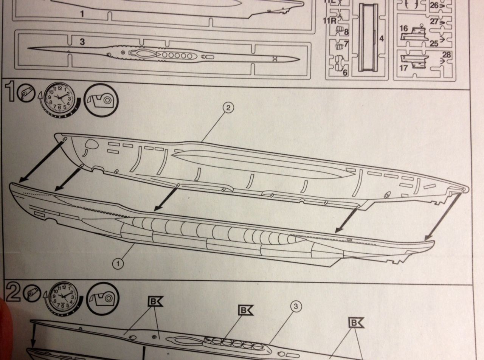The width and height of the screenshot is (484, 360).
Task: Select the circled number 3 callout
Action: click(x=297, y=307)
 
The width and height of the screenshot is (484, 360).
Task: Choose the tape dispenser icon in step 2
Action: click(x=102, y=299)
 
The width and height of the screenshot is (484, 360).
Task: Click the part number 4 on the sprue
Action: click(x=382, y=39)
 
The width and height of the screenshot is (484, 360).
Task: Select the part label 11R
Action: click(x=329, y=20)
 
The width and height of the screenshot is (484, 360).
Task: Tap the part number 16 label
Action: click(x=403, y=29)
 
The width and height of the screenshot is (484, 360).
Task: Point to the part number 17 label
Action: click(x=403, y=69)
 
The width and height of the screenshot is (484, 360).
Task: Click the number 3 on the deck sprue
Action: click(x=82, y=42)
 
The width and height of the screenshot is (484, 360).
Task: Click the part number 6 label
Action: click(x=345, y=72)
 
